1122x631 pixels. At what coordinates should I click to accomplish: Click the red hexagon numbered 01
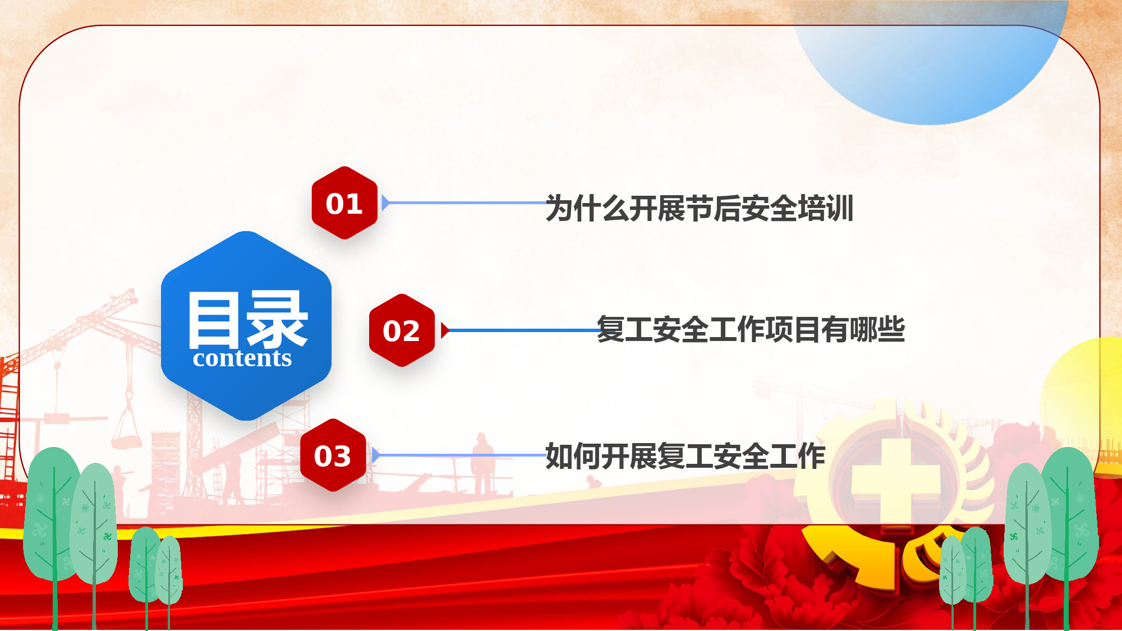pyautogui.click(x=344, y=202)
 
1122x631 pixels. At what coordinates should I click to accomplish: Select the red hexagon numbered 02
pyautogui.click(x=402, y=330)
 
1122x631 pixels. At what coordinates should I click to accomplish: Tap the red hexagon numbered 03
pyautogui.click(x=333, y=455)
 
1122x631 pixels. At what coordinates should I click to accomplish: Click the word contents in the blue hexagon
pyautogui.click(x=242, y=358)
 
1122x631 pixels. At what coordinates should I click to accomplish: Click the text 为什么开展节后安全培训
pyautogui.click(x=700, y=208)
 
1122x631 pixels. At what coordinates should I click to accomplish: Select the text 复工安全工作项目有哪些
pyautogui.click(x=751, y=329)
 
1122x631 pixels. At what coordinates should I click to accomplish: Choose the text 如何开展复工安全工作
pyautogui.click(x=685, y=455)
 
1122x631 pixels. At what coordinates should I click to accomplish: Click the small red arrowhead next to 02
pyautogui.click(x=445, y=330)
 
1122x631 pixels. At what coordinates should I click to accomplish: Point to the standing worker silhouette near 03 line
pyautogui.click(x=482, y=463)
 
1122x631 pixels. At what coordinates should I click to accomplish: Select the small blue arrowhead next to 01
pyautogui.click(x=385, y=202)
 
